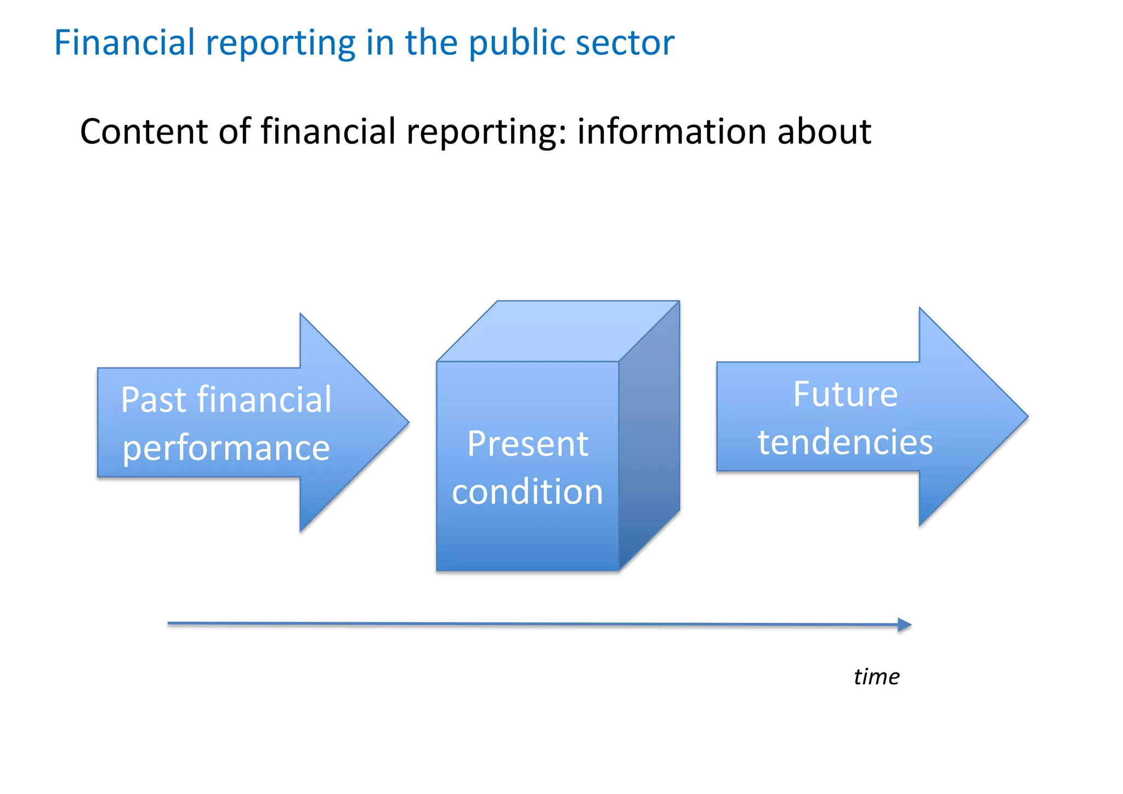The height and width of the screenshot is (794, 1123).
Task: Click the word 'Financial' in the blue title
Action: pos(124,43)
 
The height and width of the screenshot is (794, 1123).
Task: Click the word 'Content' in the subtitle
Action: pos(144,132)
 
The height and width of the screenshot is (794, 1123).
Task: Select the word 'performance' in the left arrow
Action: pos(226,448)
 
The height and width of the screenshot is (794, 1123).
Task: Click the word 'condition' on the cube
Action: pos(528,491)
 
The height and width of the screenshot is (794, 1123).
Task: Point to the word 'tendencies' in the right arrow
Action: pos(845,442)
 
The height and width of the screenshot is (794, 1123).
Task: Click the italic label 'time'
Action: pos(876,677)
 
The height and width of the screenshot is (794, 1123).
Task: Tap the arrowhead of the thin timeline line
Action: pos(906,625)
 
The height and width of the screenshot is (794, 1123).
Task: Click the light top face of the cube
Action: pos(558,331)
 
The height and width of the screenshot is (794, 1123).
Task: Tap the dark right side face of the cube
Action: pos(650,436)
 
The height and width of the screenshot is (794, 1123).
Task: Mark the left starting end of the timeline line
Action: pos(169,623)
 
